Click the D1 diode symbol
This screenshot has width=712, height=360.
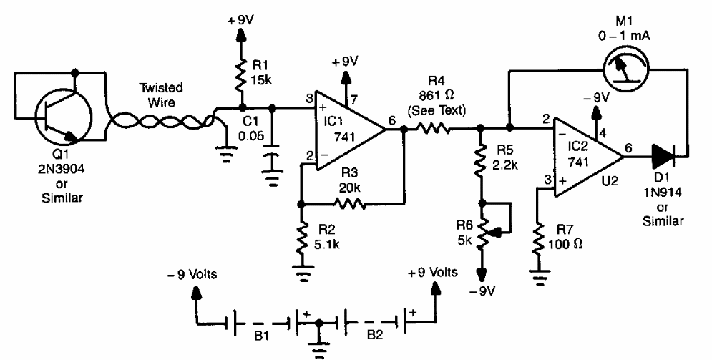click(663, 152)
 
